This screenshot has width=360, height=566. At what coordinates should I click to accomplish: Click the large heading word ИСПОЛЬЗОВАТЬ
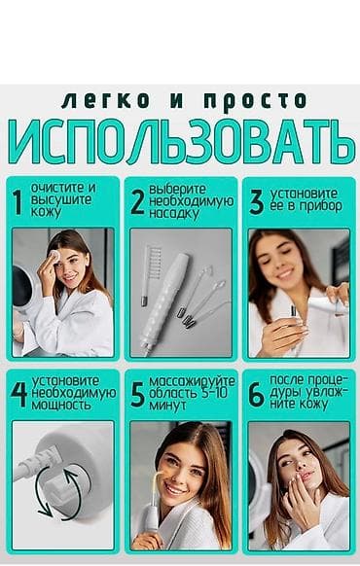[180, 142]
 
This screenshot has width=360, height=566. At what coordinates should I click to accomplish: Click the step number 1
[17, 201]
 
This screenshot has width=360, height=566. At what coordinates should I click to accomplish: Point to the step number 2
[137, 201]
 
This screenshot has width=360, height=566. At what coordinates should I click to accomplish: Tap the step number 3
[256, 201]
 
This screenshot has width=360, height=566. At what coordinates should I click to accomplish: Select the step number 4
[18, 394]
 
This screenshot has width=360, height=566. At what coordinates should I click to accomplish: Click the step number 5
[137, 394]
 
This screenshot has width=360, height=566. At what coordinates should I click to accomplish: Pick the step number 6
[256, 394]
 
